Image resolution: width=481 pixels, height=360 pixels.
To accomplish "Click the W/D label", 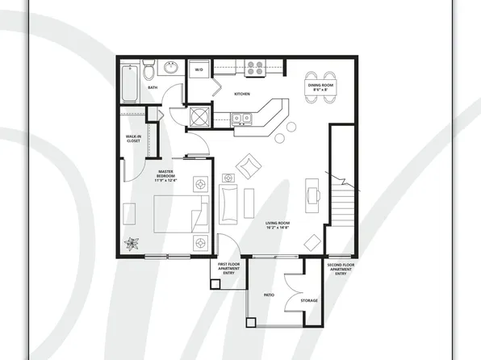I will coord(199,71).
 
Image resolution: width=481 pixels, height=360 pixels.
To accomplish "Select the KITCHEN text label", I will coord(242,94).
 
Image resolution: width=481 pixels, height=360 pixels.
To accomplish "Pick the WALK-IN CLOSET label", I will coord(135,139).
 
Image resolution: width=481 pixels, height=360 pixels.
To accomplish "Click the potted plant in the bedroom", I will coord(132,243).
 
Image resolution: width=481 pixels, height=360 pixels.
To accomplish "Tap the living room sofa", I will coord(229,203).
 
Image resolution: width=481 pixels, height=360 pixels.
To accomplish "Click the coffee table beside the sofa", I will coord(249,202).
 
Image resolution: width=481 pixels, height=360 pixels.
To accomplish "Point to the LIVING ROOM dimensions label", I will coord(278,225).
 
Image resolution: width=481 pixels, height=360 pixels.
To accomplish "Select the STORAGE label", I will coord(309,300).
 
